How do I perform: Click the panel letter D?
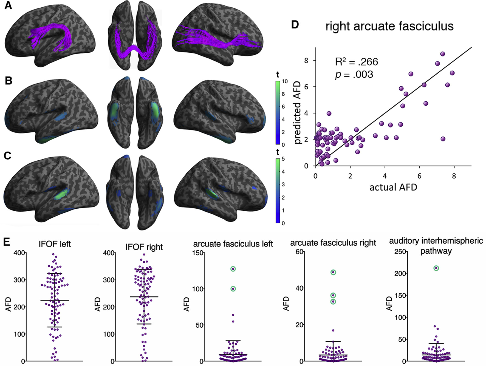click(x=295, y=25)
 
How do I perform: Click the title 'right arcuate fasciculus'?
click(x=389, y=26)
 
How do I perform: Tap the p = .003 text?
click(x=354, y=75)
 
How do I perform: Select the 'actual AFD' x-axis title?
click(x=393, y=187)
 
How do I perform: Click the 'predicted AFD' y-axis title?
click(x=297, y=112)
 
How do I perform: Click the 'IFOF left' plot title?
click(x=55, y=244)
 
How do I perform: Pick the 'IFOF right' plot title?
click(x=144, y=247)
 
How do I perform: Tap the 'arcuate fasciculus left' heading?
click(x=233, y=244)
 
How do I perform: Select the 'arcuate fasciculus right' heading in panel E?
click(x=333, y=243)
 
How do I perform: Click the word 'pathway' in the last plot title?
click(x=436, y=251)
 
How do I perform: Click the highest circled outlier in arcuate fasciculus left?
click(x=233, y=269)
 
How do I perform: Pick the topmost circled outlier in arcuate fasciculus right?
click(x=333, y=272)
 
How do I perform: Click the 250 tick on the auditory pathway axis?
click(x=400, y=252)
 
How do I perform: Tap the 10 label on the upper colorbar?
click(x=285, y=81)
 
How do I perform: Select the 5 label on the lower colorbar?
click(x=283, y=159)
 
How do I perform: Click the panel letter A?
click(x=8, y=5)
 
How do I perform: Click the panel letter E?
click(x=7, y=242)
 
